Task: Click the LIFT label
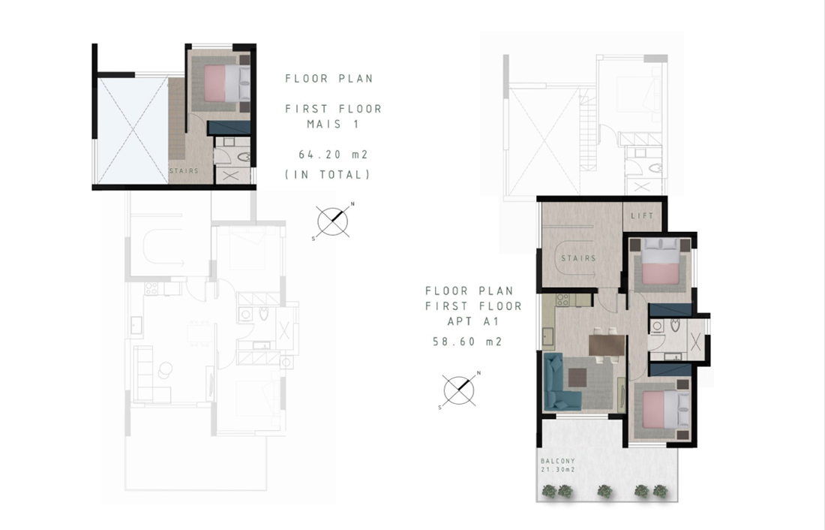click(642, 215)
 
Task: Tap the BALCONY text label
click(558, 461)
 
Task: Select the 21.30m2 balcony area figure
click(558, 469)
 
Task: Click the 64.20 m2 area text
click(333, 155)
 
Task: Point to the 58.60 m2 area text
click(467, 342)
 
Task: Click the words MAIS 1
click(333, 125)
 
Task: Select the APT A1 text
click(473, 321)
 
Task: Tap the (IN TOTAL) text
click(327, 174)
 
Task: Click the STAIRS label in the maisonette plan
click(184, 170)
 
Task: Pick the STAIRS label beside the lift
click(578, 258)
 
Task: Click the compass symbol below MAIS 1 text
click(333, 221)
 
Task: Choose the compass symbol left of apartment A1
click(459, 390)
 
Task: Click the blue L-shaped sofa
click(558, 384)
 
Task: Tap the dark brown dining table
click(607, 345)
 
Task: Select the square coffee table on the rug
click(578, 377)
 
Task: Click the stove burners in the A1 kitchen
click(562, 300)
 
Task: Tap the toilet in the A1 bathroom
click(676, 324)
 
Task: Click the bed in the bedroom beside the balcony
click(665, 410)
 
